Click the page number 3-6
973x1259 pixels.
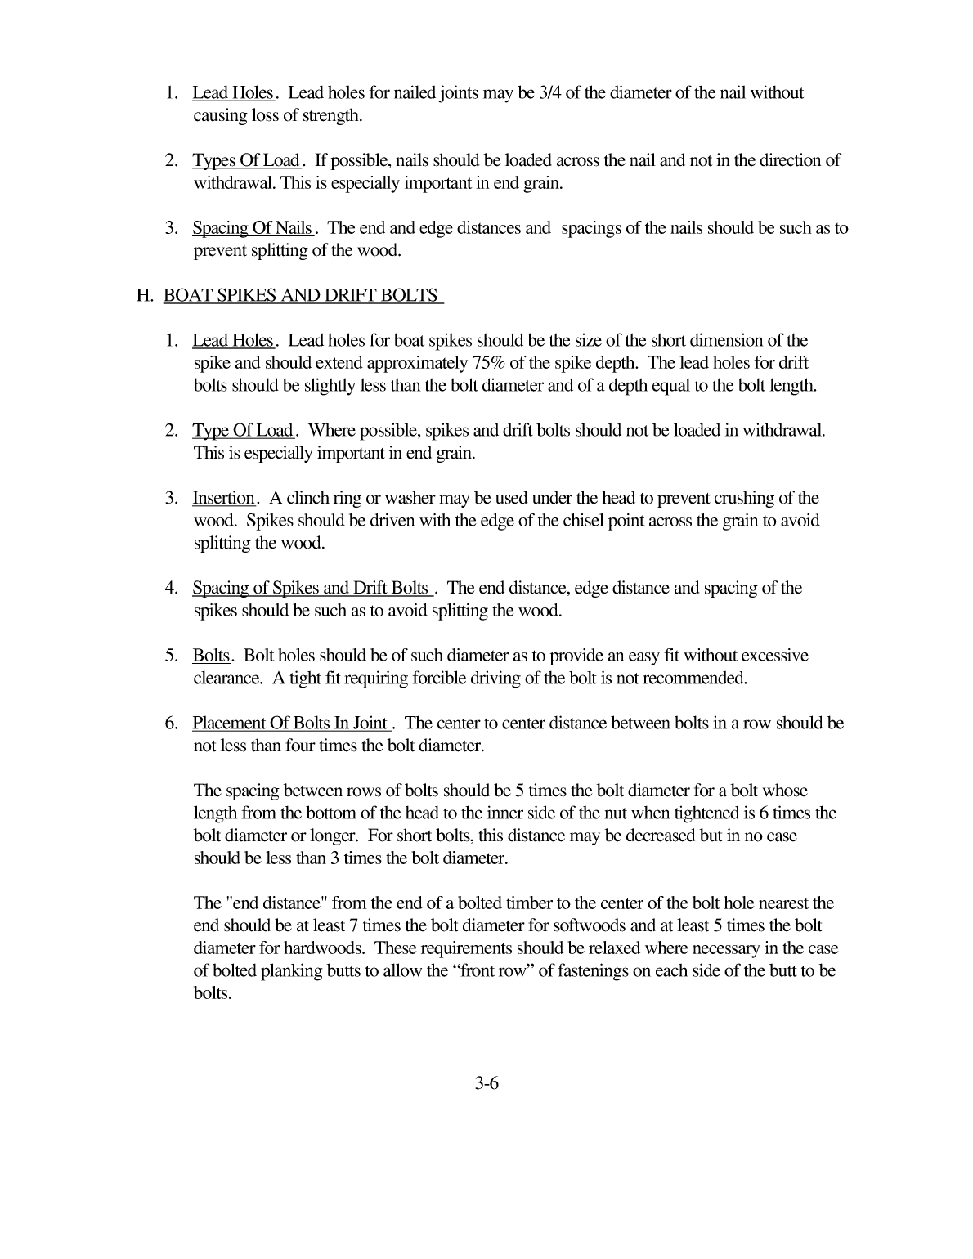coord(486,1084)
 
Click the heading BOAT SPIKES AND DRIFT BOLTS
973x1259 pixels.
coord(301,295)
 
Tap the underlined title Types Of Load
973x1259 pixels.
coord(246,160)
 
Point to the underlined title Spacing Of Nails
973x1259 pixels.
coord(252,228)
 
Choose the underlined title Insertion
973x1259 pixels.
coord(223,498)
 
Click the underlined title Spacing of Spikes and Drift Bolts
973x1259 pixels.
coord(311,588)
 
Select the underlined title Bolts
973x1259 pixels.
coord(211,656)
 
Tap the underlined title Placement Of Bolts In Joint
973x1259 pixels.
coord(290,724)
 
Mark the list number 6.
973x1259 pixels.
coord(171,724)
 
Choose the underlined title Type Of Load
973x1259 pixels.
coord(243,431)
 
